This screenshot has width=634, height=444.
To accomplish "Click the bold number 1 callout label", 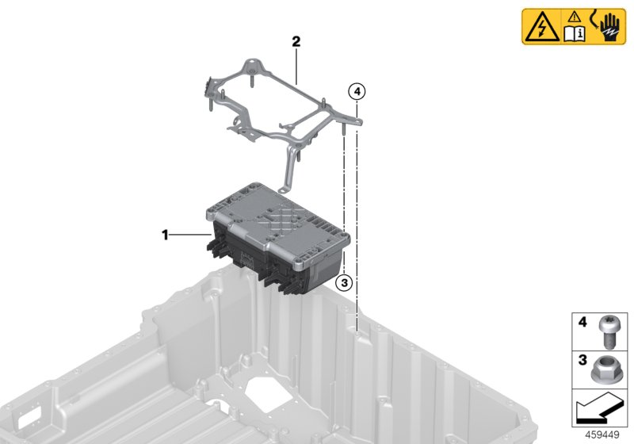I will (165, 235).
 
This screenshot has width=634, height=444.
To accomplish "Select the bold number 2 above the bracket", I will (296, 41).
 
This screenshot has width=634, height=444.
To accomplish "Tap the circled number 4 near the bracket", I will (357, 93).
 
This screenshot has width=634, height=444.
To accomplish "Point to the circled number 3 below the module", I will (343, 281).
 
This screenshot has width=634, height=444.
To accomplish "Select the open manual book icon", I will (573, 33).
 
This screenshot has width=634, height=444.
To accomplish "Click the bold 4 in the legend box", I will (582, 323).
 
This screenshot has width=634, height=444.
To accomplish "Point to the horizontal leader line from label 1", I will (190, 235).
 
